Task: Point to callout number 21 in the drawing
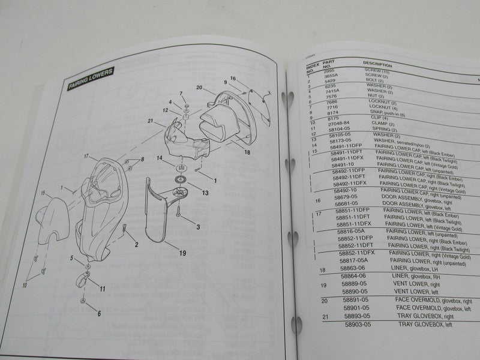point(142,120)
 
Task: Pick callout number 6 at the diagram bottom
point(99,313)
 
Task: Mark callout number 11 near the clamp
point(102,289)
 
